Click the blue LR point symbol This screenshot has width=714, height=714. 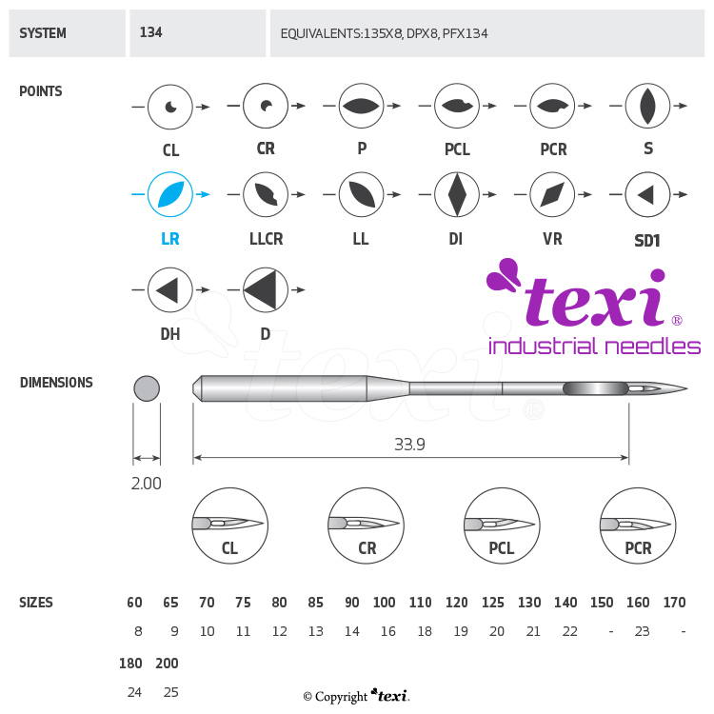click(170, 195)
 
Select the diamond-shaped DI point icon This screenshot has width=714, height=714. click(457, 195)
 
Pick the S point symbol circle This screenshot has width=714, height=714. click(647, 106)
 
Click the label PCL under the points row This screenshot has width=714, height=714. click(457, 150)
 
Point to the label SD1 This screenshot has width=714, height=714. click(647, 241)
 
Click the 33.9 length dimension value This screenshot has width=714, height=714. click(410, 445)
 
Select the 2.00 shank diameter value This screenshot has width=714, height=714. click(146, 484)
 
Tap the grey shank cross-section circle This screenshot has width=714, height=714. click(147, 388)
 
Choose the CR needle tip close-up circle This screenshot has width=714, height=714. click(366, 526)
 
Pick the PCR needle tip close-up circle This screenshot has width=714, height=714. click(638, 526)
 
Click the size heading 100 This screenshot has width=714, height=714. click(385, 603)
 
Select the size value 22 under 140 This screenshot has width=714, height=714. click(570, 631)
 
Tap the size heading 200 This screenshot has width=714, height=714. click(167, 664)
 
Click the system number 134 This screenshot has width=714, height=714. click(150, 32)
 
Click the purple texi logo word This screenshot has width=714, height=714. click(590, 300)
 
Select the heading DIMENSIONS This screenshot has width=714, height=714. click(56, 383)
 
